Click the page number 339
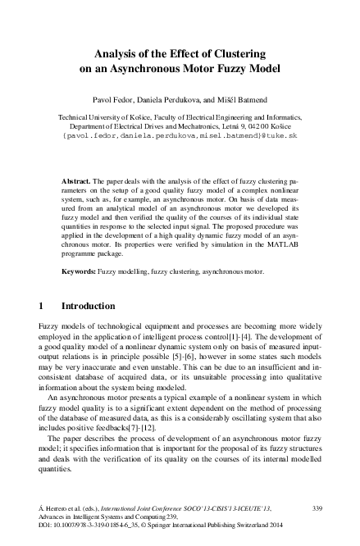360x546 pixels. click(x=319, y=509)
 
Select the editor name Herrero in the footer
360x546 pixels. click(x=59, y=509)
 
